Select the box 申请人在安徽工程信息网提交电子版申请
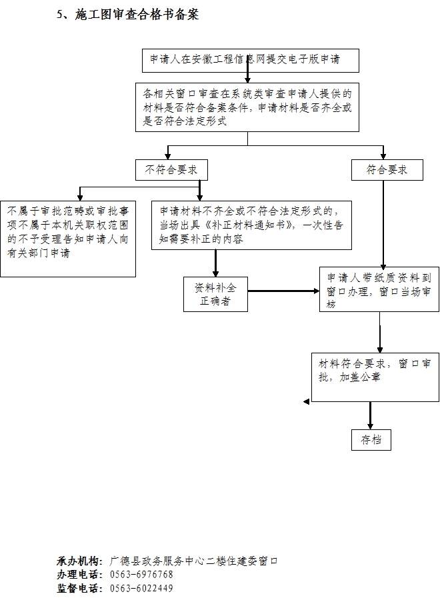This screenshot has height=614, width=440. tap(251, 61)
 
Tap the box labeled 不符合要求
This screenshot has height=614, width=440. tap(171, 170)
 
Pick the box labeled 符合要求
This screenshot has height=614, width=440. tap(387, 170)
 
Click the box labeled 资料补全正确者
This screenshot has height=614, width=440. tap(216, 295)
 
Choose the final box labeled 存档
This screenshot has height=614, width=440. tap(371, 440)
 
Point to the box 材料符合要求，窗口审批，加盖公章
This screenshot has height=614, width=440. tap(375, 377)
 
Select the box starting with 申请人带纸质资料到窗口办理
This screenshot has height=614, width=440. tap(379, 289)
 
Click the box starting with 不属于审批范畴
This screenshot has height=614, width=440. tap(68, 239)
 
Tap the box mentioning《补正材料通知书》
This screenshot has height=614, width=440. tap(252, 225)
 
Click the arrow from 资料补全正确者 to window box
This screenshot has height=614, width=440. tap(284, 291)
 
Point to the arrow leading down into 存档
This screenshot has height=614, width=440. tap(370, 415)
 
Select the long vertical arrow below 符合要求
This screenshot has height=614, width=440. tap(383, 224)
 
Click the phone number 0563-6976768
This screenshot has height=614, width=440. tap(141, 575)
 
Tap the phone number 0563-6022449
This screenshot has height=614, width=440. tap(141, 588)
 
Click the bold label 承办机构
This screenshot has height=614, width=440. tap(77, 561)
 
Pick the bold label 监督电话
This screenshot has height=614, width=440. tap(77, 588)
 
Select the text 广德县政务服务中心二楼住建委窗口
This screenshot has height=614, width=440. tap(193, 561)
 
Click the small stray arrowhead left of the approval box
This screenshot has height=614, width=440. tap(307, 402)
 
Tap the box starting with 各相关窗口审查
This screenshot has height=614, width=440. tap(247, 107)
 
